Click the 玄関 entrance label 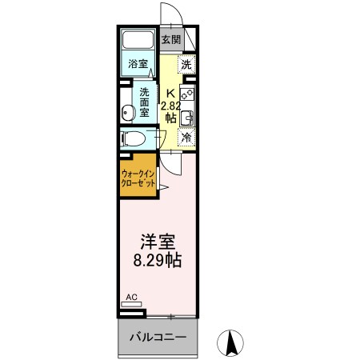point(170,39)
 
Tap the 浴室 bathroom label point(138,64)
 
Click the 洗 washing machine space point(186,66)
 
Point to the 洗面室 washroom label point(145,102)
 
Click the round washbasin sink point(128,111)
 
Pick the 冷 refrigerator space point(186,138)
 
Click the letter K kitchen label point(169,92)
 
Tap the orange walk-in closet point(138,177)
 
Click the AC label point(132,298)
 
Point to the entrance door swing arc point(170,14)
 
